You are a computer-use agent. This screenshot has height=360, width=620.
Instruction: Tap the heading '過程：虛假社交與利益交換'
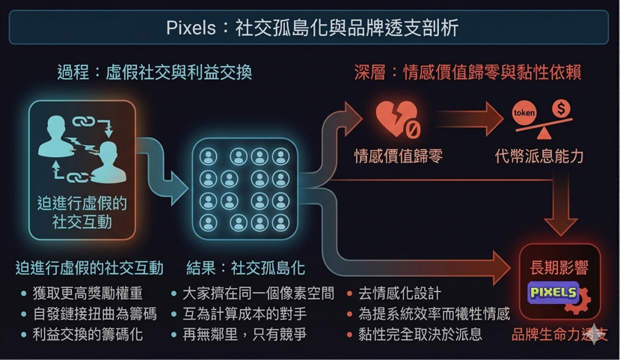[154, 72]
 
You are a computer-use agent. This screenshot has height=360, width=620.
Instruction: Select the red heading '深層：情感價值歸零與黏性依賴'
[467, 72]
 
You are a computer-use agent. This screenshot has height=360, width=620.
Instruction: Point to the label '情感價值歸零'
[398, 156]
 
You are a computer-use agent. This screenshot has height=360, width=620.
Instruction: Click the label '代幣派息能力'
[539, 156]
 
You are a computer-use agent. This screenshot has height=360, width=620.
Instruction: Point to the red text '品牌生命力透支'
[559, 335]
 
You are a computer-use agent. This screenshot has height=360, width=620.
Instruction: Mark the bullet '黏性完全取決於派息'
[420, 334]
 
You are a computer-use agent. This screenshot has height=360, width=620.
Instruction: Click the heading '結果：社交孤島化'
[245, 268]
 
